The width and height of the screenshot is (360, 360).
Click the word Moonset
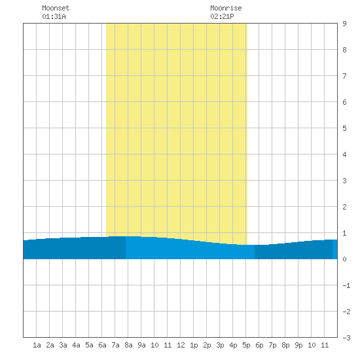click(56, 8)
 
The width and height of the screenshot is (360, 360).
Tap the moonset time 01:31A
click(54, 16)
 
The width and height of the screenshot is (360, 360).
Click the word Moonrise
click(226, 8)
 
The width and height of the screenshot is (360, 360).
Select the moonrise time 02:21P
click(222, 16)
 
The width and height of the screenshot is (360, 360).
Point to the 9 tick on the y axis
click(344, 24)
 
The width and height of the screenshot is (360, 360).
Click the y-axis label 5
click(344, 128)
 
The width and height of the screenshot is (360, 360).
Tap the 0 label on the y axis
click(344, 259)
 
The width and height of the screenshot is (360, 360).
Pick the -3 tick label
click(346, 338)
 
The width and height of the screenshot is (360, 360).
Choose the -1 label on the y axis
click(346, 285)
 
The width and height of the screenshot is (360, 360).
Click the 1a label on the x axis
click(37, 345)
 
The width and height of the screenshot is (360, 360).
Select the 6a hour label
click(102, 345)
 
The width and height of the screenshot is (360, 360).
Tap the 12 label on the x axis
click(181, 345)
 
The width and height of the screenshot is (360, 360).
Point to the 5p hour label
click(246, 345)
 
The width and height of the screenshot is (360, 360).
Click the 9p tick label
click(298, 345)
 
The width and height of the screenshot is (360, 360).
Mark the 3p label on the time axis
click(220, 345)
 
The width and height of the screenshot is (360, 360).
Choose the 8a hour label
click(128, 345)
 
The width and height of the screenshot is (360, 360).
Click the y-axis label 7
click(344, 76)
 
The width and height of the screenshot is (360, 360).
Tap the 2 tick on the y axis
click(344, 207)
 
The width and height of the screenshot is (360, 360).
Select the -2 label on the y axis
click(346, 312)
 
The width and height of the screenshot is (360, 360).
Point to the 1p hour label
click(194, 345)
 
